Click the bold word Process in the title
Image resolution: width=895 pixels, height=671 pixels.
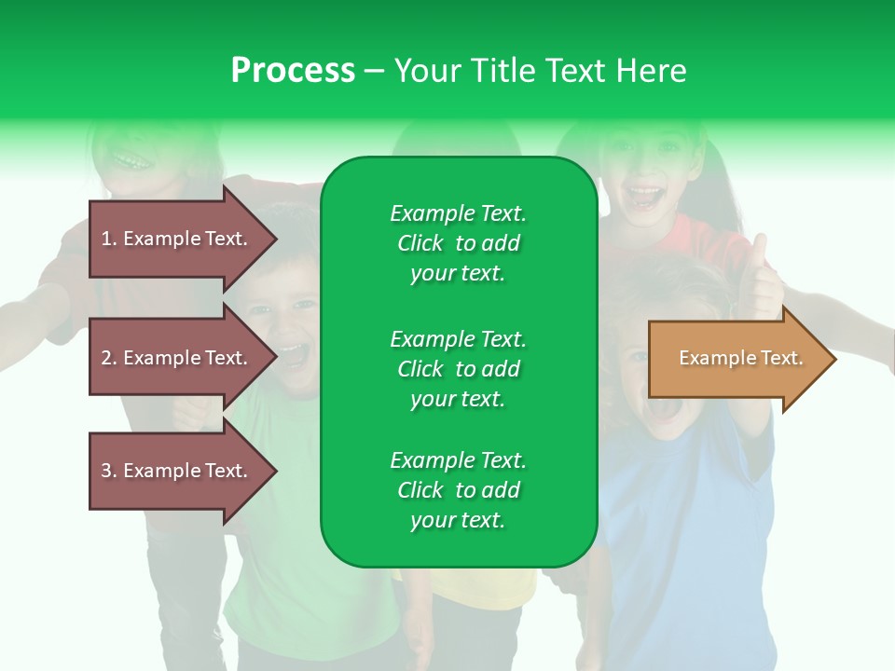[293, 71]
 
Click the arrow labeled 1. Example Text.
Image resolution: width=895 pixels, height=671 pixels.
[184, 239]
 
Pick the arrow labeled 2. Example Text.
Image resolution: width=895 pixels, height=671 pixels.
[184, 357]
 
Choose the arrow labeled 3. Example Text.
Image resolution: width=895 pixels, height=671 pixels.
[184, 471]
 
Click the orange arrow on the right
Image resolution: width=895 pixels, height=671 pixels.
[742, 359]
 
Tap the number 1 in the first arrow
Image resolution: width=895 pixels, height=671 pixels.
[106, 239]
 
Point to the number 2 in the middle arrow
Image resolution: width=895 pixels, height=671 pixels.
[106, 358]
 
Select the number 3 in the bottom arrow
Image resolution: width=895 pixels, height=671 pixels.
[106, 471]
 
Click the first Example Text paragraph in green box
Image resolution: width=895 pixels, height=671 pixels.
[459, 243]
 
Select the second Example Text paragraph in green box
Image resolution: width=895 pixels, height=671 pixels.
[459, 369]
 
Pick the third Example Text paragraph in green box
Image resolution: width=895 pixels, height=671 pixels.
[459, 490]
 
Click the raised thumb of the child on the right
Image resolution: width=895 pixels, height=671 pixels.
[760, 251]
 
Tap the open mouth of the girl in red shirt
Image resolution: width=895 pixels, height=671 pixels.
[645, 197]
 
